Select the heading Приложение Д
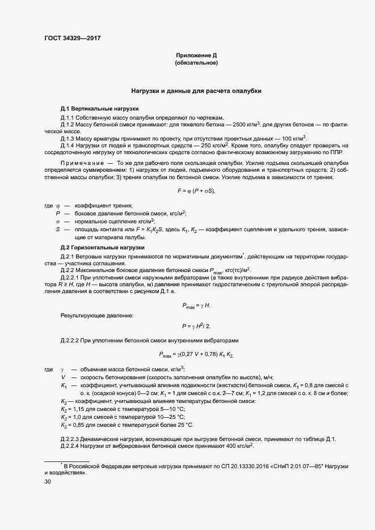click(x=196, y=56)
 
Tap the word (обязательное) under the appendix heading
click(x=196, y=63)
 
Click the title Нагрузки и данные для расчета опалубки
click(x=196, y=91)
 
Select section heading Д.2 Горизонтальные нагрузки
click(x=95, y=248)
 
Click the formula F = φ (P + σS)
click(x=196, y=190)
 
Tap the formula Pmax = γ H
click(x=196, y=306)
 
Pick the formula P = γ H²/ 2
click(x=196, y=327)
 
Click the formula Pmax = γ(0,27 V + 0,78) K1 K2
click(x=196, y=355)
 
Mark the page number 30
click(x=48, y=482)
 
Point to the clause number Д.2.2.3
click(x=71, y=439)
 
